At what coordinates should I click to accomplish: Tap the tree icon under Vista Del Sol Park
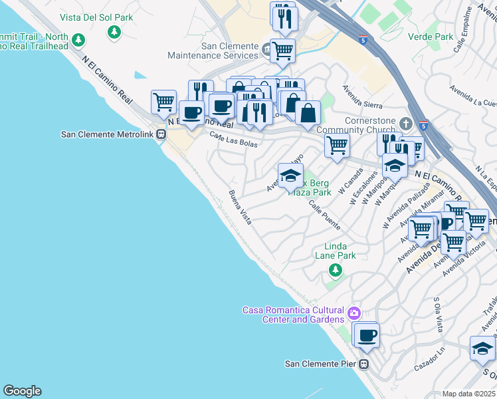(115, 31)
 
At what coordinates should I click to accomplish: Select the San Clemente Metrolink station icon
(161, 134)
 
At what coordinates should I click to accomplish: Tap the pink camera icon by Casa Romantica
(354, 312)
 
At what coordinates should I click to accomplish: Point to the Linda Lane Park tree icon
(336, 269)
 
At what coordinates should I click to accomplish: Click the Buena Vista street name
(240, 207)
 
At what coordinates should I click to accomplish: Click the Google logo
(22, 391)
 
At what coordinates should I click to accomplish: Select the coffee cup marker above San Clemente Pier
(366, 334)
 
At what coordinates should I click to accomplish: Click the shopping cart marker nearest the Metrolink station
(163, 102)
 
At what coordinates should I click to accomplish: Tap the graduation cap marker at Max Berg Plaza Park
(290, 175)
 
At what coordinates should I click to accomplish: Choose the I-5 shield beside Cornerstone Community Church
(424, 124)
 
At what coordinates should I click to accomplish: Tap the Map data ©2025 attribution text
(468, 394)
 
